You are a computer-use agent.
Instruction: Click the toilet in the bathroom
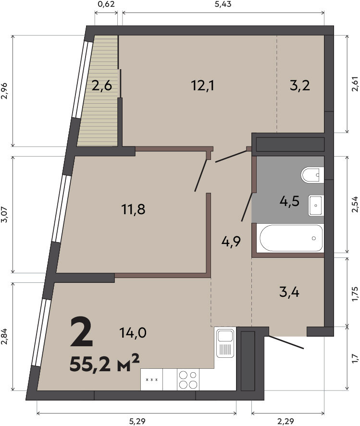click(312, 175)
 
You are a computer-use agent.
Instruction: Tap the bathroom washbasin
click(316, 206)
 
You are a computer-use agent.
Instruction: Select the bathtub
click(290, 238)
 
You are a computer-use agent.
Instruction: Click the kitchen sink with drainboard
click(225, 342)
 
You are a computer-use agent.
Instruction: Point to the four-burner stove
click(188, 379)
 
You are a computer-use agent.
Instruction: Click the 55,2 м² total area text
click(105, 364)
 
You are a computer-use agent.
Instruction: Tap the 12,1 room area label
click(202, 86)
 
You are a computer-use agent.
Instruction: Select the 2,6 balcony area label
click(102, 86)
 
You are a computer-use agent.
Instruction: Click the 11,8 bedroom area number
click(133, 209)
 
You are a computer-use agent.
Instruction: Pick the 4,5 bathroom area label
click(289, 202)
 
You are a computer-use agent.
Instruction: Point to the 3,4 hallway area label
click(289, 292)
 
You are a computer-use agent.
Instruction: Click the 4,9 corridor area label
click(231, 242)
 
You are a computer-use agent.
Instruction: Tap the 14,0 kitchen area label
click(133, 332)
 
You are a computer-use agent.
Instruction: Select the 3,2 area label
click(300, 86)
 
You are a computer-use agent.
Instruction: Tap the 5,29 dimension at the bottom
click(137, 422)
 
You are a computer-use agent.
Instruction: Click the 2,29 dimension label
click(286, 422)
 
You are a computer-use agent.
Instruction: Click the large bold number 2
click(82, 332)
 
